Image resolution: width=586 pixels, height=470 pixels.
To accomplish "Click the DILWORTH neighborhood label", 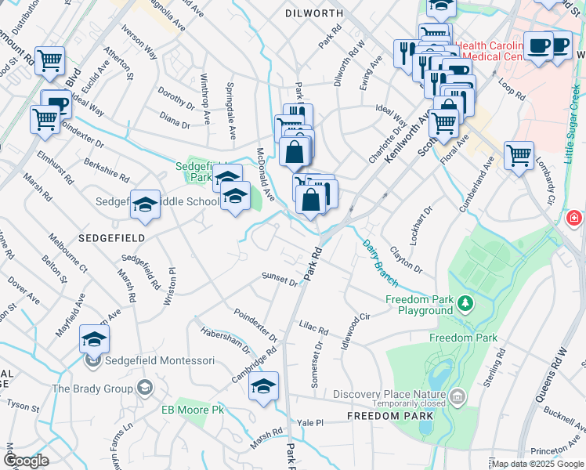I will [315, 13].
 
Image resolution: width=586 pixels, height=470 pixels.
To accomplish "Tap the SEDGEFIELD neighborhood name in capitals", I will [107, 234].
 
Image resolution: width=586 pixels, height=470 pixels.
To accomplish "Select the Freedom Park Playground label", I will [419, 305].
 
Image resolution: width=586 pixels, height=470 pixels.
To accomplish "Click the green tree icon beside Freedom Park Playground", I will [465, 302].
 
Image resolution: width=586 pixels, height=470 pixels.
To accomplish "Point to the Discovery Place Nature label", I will [389, 394].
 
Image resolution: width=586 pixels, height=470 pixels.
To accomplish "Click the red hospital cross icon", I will [574, 216].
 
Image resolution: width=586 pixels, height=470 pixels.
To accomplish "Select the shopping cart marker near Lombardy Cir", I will [519, 156].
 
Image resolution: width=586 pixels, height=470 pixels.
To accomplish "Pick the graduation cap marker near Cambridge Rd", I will [264, 387].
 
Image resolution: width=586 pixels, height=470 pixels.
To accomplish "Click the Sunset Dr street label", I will [280, 279].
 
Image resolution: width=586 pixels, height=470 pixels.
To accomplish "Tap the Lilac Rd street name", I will [313, 327].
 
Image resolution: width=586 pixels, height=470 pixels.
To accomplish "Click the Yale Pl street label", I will [310, 422].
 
